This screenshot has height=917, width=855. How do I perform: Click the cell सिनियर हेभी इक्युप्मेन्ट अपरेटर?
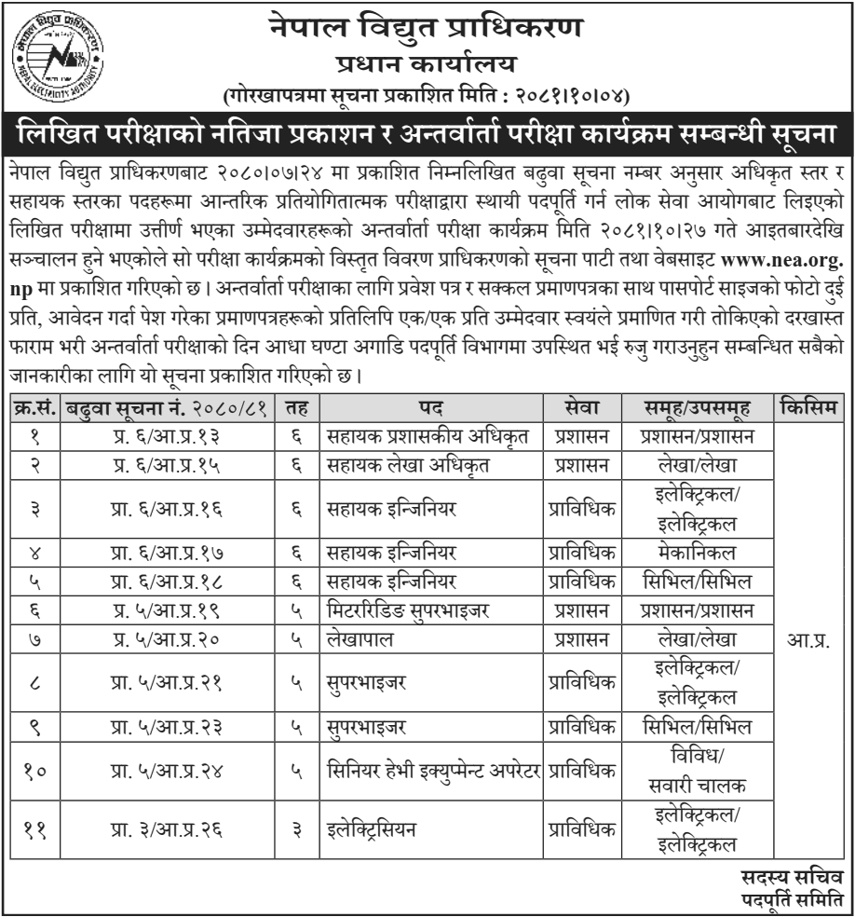coord(434,771)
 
